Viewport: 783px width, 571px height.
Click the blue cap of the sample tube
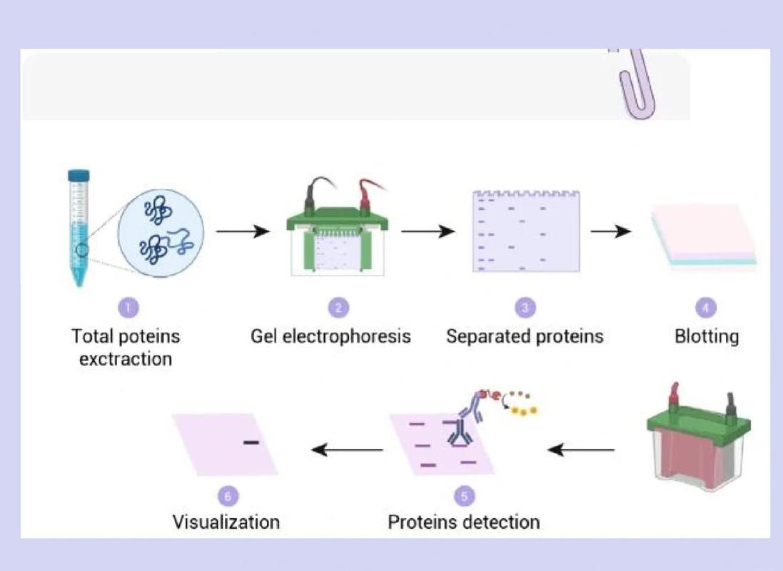(79, 176)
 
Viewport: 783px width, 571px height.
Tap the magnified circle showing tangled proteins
(161, 232)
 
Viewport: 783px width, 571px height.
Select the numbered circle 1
(128, 307)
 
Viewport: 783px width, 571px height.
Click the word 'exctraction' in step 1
(126, 359)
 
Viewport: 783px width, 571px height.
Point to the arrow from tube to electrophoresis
(243, 231)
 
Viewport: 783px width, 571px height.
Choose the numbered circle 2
(338, 307)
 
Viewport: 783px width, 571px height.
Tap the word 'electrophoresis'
(347, 336)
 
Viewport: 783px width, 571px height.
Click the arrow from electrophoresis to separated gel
(428, 231)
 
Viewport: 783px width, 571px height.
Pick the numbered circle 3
(525, 307)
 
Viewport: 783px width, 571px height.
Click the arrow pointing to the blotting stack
(611, 231)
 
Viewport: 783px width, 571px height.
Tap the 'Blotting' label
(707, 336)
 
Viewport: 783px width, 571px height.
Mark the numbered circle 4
(706, 307)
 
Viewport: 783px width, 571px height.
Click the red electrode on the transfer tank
(675, 395)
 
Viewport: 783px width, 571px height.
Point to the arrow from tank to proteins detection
(581, 450)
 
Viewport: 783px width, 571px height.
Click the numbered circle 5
(465, 496)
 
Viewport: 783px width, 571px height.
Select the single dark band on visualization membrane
(251, 442)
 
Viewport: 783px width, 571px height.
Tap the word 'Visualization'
(226, 522)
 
